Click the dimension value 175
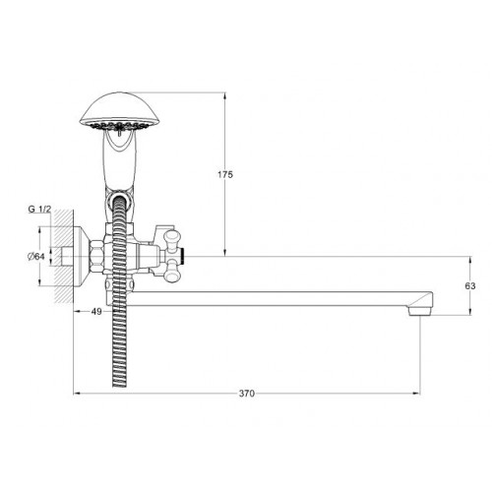(x=225, y=174)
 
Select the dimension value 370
(x=247, y=394)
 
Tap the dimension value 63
(x=470, y=286)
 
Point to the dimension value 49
(x=96, y=312)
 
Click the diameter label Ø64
(x=36, y=257)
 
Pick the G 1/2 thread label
(x=39, y=209)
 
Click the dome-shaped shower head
(x=120, y=111)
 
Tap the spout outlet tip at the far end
(x=421, y=311)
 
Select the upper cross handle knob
(x=172, y=238)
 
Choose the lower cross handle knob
(x=172, y=274)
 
